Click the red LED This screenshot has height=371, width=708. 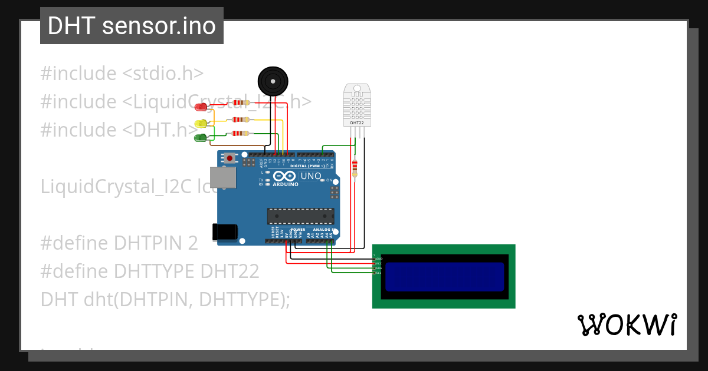(x=201, y=107)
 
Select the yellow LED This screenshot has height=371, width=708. (x=201, y=123)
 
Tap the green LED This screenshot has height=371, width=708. (x=201, y=138)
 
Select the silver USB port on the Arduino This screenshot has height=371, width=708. (x=222, y=178)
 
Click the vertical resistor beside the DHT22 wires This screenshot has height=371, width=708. (x=354, y=167)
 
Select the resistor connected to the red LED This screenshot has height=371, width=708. (x=241, y=102)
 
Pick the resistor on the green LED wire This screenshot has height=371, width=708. (x=241, y=134)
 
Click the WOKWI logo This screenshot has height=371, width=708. (x=627, y=324)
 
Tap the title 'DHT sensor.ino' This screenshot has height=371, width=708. (x=132, y=26)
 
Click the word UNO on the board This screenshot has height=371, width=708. (x=311, y=176)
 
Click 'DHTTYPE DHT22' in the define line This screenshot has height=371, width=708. (x=186, y=271)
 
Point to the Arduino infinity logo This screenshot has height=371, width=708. (x=284, y=176)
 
